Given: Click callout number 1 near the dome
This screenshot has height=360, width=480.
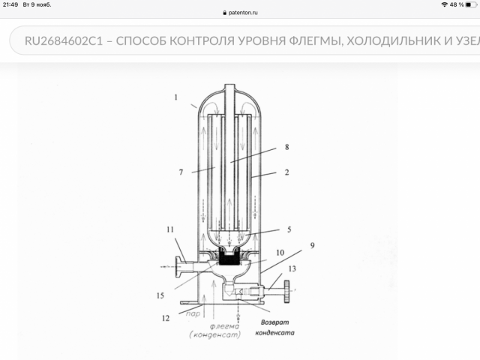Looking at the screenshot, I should click(175, 97).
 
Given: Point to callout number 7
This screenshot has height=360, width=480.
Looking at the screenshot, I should click(181, 172).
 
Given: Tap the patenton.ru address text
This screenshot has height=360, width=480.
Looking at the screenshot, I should click(243, 13).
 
